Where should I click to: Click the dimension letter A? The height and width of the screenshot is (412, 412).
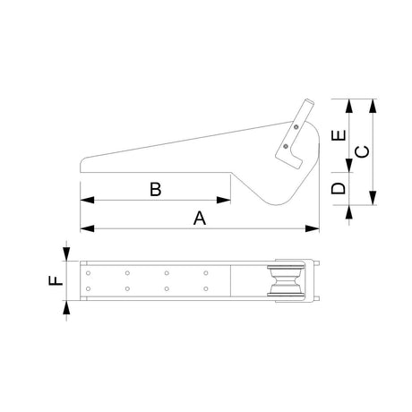[200, 218]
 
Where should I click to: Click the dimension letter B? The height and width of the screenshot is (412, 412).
[156, 189]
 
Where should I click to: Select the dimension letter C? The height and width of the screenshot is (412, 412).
[362, 151]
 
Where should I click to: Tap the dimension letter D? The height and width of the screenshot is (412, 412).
[339, 188]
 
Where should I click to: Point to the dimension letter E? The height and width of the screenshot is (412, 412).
[339, 135]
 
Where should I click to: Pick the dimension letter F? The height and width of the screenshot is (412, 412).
[56, 280]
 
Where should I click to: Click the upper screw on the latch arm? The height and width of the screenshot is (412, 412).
[296, 127]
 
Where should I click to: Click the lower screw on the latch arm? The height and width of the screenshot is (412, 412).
[286, 146]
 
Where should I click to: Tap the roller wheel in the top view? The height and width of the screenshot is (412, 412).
[286, 280]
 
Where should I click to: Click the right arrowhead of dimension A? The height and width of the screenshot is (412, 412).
[313, 229]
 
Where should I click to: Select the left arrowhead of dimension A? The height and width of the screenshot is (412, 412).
[87, 229]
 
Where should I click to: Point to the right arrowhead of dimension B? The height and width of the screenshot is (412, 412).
[224, 200]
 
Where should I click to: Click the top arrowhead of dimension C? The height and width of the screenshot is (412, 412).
[373, 106]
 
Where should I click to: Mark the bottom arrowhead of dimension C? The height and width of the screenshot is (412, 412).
[373, 198]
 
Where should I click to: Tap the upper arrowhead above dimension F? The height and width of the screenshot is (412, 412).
[66, 254]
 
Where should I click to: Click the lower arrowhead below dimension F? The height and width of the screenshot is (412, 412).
[66, 307]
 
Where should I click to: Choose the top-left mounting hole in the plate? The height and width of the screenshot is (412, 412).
[88, 273]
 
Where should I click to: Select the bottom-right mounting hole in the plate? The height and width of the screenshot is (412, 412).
[206, 288]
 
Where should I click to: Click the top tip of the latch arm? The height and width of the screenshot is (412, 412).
[310, 101]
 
